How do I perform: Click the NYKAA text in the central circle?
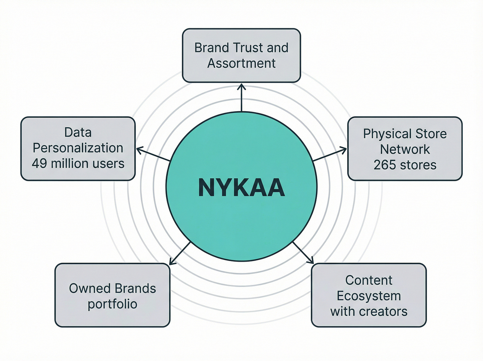click(241, 188)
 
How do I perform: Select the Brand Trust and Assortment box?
click(241, 55)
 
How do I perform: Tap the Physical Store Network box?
click(405, 149)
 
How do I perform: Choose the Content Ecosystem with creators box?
click(369, 295)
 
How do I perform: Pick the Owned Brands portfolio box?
click(112, 295)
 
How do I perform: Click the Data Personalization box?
click(78, 148)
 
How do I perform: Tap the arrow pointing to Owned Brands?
click(180, 254)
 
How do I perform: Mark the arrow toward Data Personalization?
click(153, 155)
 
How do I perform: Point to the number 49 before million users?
click(39, 163)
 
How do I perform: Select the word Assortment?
click(241, 63)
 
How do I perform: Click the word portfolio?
click(112, 304)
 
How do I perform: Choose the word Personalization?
click(78, 148)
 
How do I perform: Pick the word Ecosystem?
click(369, 296)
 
